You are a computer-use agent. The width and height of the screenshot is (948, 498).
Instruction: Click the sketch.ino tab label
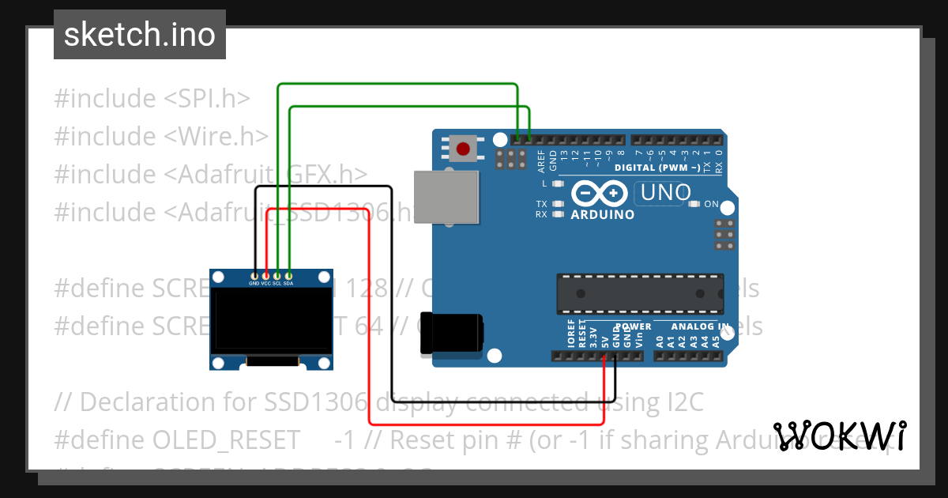(x=140, y=35)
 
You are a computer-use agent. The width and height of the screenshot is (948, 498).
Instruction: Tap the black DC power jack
(x=451, y=333)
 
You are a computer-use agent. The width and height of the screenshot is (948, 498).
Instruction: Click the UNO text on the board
(x=666, y=192)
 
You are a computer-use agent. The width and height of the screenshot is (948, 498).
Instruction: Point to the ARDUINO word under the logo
(x=602, y=215)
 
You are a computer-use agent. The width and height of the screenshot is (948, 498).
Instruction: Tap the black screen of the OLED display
(x=271, y=319)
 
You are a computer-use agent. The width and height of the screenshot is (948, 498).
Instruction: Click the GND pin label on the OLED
(x=254, y=283)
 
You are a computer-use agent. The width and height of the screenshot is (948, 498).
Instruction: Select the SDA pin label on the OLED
(x=288, y=283)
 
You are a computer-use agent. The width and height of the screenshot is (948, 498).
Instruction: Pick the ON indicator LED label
(x=711, y=204)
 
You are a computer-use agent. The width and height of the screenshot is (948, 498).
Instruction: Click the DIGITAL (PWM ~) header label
(x=656, y=168)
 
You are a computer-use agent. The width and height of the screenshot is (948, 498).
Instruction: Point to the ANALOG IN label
(x=700, y=326)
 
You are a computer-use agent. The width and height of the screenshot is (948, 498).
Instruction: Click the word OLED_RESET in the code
(x=226, y=440)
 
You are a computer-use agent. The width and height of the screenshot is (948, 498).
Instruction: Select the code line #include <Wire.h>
(x=161, y=136)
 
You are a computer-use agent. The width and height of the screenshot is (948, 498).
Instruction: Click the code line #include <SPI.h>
(x=152, y=98)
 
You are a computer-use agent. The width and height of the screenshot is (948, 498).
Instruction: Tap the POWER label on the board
(x=634, y=326)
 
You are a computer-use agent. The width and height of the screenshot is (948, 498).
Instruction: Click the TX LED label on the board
(x=541, y=204)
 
